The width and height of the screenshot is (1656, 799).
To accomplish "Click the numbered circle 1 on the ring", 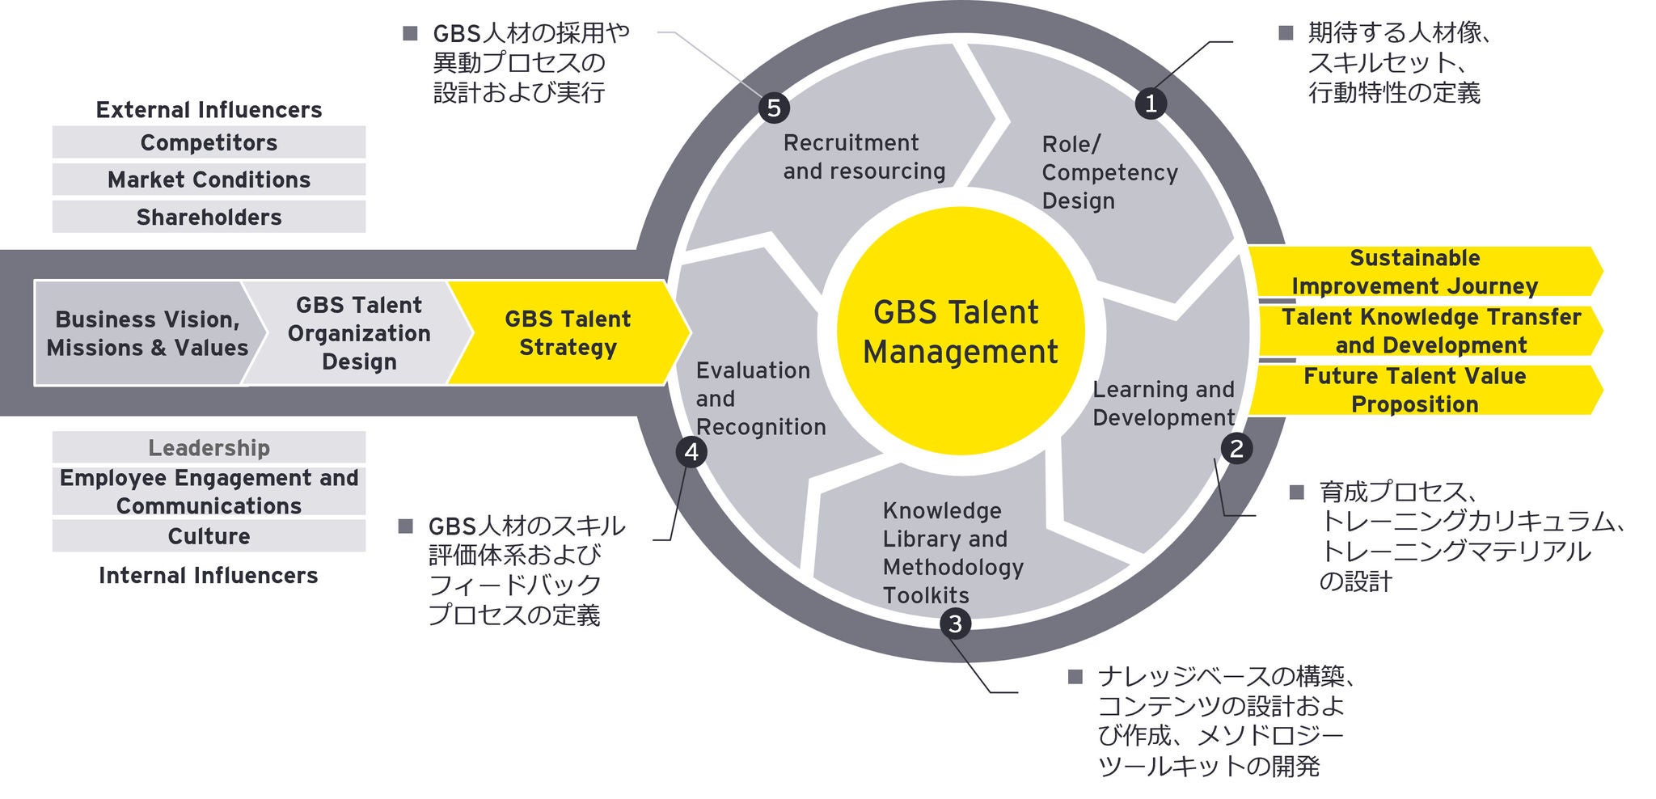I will (1150, 103).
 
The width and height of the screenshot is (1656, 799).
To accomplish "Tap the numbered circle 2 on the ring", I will (1236, 448).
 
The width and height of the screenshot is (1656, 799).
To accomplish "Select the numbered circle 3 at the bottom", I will (955, 624).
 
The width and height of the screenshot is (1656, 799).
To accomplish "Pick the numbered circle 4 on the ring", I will (691, 452).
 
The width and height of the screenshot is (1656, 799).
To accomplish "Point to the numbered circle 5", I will (774, 108).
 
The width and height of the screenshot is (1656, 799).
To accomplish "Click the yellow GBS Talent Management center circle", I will (960, 332).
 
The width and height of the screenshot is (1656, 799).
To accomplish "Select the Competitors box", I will (209, 142).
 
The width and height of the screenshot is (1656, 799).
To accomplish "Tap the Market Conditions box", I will (209, 180).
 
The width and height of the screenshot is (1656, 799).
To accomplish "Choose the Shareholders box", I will (209, 217).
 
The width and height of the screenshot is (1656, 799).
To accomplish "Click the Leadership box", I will (209, 447).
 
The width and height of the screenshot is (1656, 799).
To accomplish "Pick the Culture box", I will (209, 536).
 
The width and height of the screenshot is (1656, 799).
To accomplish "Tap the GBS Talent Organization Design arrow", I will (358, 333).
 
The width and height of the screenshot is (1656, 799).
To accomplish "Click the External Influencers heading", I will (209, 110).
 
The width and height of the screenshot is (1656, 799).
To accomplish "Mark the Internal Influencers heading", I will (209, 576).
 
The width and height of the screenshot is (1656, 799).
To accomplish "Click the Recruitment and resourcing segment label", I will (864, 157).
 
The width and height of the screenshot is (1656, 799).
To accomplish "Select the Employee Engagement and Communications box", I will (209, 492).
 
